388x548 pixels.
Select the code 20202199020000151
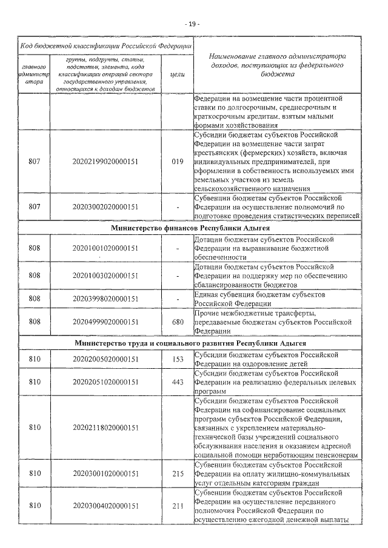[x=105, y=162]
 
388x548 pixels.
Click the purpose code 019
[x=178, y=162]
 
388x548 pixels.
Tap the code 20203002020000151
[x=105, y=207]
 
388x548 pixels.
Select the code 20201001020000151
[x=105, y=248]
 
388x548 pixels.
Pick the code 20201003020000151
[x=105, y=276]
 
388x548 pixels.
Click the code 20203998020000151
[x=105, y=298]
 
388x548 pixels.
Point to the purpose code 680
[x=178, y=322]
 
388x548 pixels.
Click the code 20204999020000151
[x=105, y=322]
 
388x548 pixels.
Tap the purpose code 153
[x=178, y=359]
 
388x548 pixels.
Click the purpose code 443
[x=178, y=382]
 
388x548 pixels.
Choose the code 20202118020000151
[x=105, y=428]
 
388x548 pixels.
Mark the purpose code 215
[x=178, y=474]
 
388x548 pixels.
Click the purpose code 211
[x=178, y=506]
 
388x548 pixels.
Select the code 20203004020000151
[x=105, y=506]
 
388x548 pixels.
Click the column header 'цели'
[x=178, y=73]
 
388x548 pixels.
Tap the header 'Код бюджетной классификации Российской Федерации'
[x=106, y=45]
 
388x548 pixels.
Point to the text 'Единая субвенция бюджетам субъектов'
[x=260, y=294]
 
